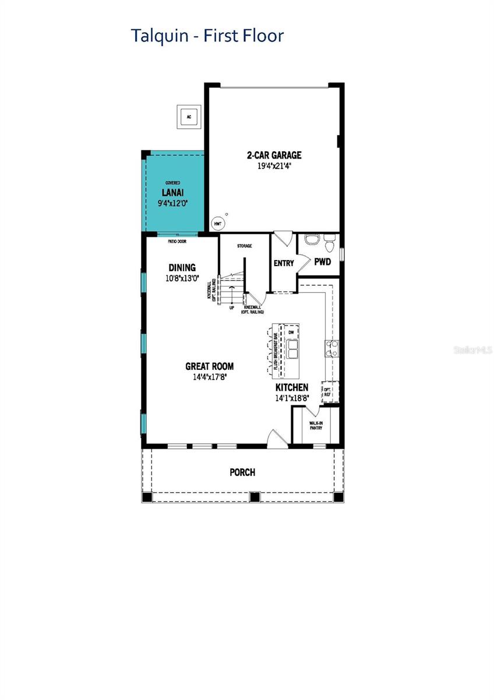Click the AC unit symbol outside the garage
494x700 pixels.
pos(189,117)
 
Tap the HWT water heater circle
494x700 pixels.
pos(217,223)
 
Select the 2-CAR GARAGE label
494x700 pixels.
pos(274,155)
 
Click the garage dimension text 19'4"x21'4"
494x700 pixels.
pos(274,166)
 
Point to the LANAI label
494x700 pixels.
pos(174,192)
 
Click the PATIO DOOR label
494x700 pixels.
pos(177,240)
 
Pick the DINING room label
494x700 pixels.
pos(182,268)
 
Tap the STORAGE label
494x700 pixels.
pos(244,246)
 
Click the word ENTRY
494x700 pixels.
pos(284,264)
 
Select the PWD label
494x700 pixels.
pos(323,262)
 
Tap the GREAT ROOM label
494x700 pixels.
pos(210,366)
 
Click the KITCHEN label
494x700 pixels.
pos(292,387)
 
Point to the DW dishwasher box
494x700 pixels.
pos(291,332)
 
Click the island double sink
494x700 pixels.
pos(291,349)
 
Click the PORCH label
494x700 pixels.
pos(242,472)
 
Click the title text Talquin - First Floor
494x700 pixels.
pos(207,36)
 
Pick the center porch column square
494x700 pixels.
pos(254,497)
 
